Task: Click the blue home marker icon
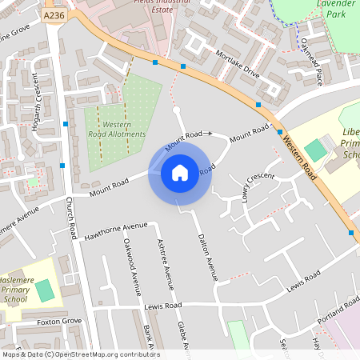click(x=179, y=172)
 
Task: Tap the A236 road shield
click(x=54, y=15)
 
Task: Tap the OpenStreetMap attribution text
click(x=80, y=354)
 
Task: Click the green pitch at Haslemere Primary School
click(x=45, y=290)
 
